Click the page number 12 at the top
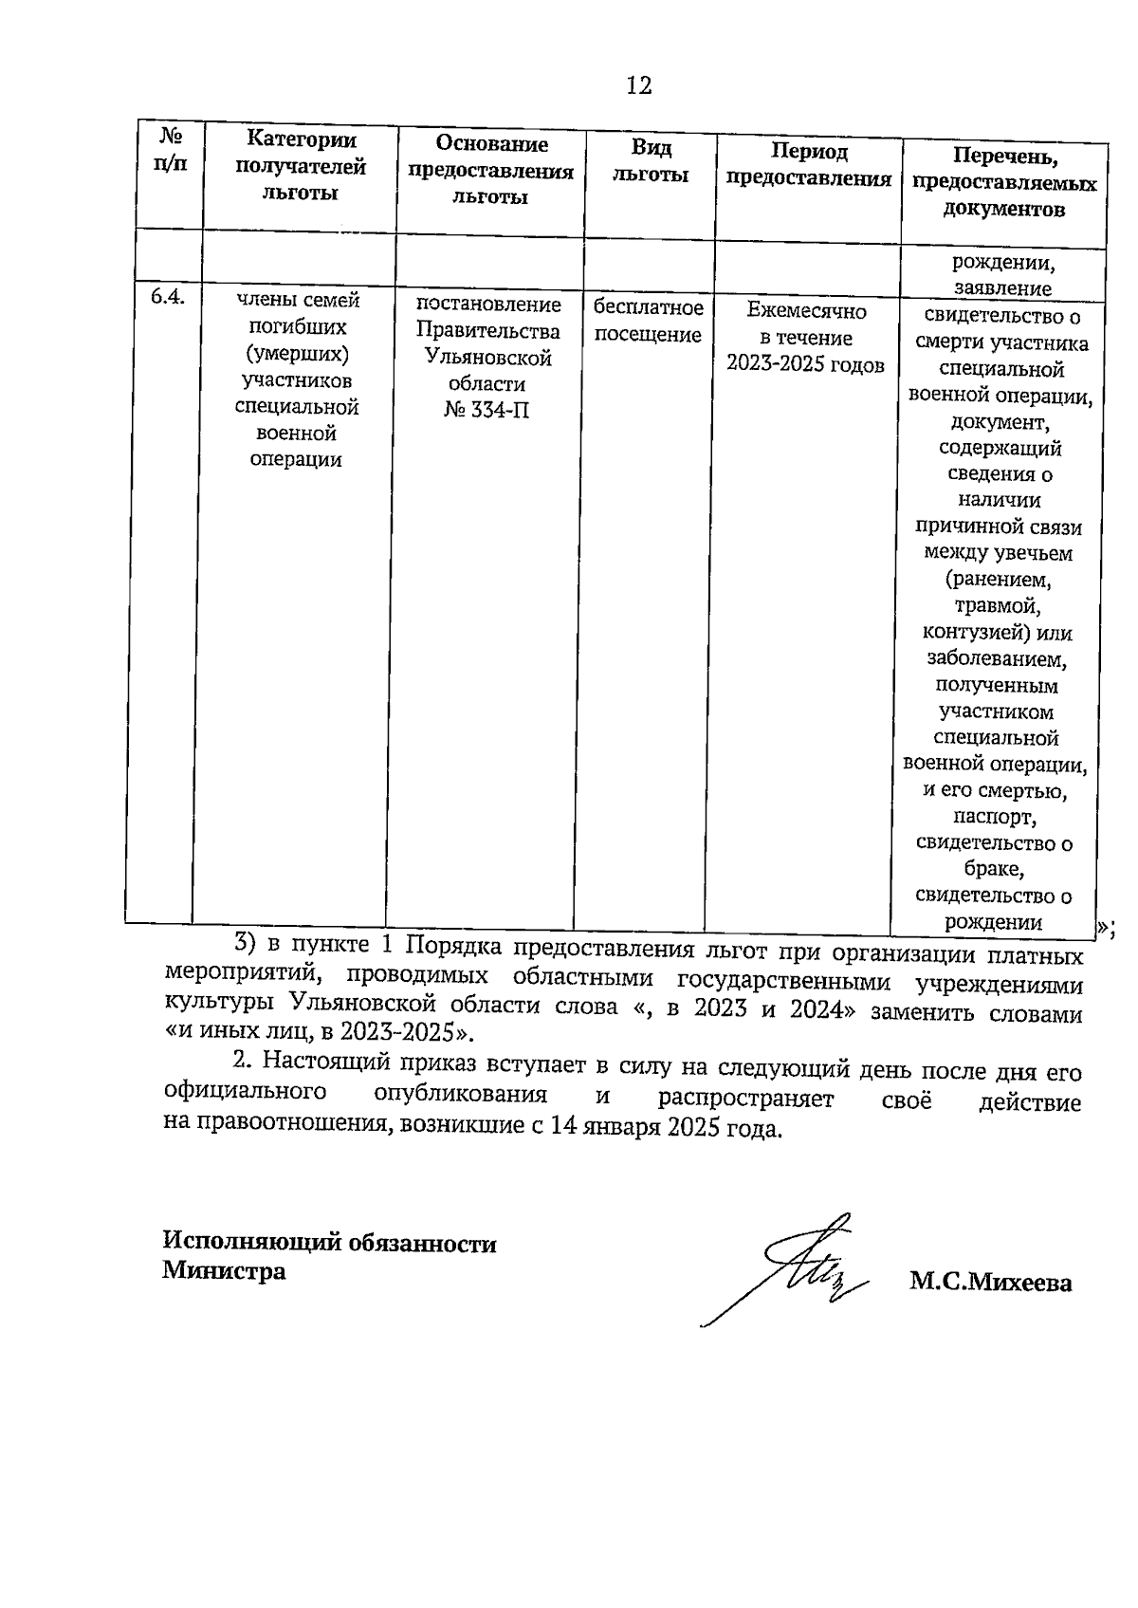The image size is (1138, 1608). point(639,86)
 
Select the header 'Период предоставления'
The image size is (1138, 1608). point(808,165)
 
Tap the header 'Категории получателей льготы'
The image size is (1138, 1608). point(301,166)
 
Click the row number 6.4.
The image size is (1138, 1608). point(167,296)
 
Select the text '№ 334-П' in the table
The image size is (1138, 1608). point(486,411)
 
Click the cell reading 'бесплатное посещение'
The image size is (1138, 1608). point(649,321)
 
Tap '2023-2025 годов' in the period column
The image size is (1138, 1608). point(805,365)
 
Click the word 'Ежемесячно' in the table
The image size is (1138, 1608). point(806,310)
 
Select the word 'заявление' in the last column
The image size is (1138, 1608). point(1002,288)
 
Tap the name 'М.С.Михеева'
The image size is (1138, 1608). point(990,1284)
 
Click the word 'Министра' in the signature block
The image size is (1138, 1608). point(224,1270)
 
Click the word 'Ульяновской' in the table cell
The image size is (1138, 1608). point(488,358)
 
